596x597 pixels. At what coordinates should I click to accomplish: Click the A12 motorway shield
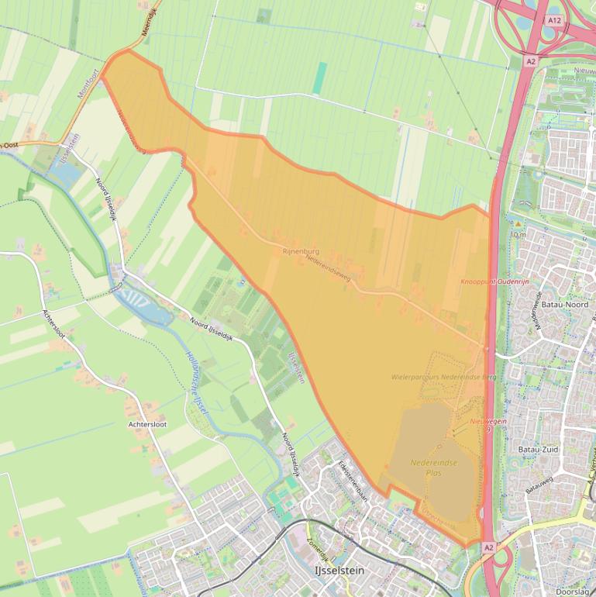[x=553, y=19]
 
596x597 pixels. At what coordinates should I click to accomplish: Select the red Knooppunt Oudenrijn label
[x=494, y=281]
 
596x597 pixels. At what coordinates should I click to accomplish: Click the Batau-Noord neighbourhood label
[x=565, y=305]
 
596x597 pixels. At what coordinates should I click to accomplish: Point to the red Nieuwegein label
[x=487, y=421]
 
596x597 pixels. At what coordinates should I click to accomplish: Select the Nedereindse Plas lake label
[x=433, y=468]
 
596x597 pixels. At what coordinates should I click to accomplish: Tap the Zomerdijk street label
[x=319, y=550]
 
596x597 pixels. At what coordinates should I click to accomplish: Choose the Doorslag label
[x=572, y=591]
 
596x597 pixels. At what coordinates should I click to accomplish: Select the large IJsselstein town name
[x=338, y=570]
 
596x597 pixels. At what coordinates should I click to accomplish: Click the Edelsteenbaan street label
[x=352, y=481]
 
